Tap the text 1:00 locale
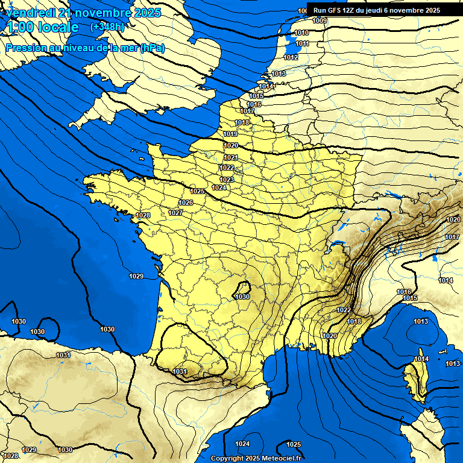coord(42,27)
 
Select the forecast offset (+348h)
coord(107,27)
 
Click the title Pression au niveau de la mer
coord(72,48)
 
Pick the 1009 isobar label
coord(320,21)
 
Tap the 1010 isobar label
coord(301,33)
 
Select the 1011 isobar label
coord(303,44)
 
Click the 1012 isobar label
coord(291,57)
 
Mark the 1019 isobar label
coord(230,134)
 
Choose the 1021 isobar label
coord(231,157)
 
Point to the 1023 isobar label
coord(227,180)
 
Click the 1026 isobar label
coord(186,203)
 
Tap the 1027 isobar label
coord(175,213)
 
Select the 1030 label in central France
coord(242,297)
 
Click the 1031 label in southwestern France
coord(180,371)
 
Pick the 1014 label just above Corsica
coord(421,359)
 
